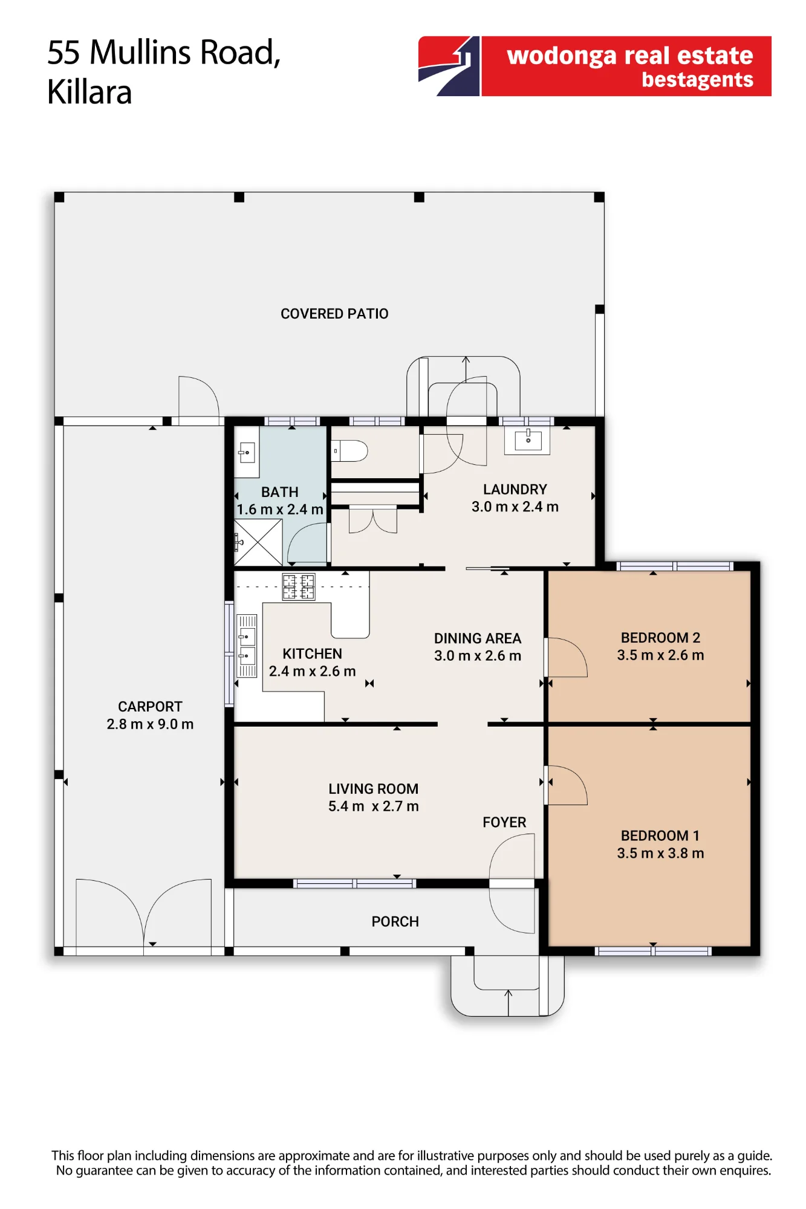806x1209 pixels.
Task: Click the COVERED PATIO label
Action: [334, 314]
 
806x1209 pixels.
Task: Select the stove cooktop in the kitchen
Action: [299, 586]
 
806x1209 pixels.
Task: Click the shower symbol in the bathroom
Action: [258, 542]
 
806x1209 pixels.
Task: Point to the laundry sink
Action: [528, 441]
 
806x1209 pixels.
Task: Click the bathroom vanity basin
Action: [247, 452]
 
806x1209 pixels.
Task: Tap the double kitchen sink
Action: [247, 646]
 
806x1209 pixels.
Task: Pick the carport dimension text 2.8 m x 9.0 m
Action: [150, 724]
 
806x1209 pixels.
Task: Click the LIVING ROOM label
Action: [374, 789]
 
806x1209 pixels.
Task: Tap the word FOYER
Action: [504, 822]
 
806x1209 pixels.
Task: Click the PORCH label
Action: [395, 921]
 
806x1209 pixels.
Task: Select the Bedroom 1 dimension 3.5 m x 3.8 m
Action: [660, 853]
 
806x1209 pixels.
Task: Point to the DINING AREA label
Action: [478, 638]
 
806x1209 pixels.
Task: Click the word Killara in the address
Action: [89, 92]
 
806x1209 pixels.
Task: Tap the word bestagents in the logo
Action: [697, 79]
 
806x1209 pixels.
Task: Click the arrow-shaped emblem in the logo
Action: [449, 66]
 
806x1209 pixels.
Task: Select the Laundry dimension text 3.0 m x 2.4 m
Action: [515, 507]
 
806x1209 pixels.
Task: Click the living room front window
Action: [355, 883]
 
